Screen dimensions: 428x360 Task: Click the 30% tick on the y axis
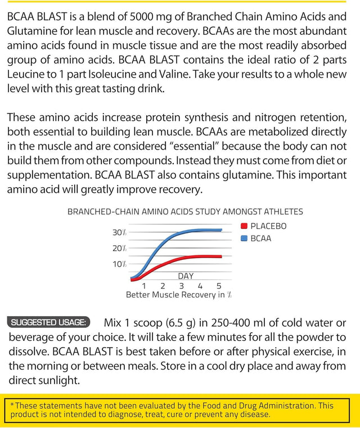tap(119, 232)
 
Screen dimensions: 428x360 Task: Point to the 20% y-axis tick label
tap(119, 248)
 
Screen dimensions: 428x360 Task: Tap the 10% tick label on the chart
tap(119, 264)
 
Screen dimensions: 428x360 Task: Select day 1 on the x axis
tap(143, 285)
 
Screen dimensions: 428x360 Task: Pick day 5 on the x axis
tap(219, 285)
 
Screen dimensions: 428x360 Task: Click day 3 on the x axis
tap(181, 285)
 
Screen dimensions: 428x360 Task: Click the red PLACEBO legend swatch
tap(244, 226)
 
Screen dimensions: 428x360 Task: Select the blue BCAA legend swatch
tap(244, 238)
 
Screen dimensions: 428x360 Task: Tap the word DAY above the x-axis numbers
tap(186, 276)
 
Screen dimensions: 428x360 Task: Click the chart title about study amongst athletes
tap(185, 212)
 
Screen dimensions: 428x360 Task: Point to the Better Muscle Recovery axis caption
tap(179, 294)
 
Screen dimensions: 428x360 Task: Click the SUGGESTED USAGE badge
tap(49, 322)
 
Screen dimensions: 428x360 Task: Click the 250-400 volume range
tap(233, 323)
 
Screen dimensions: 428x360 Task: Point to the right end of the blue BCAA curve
tap(222, 230)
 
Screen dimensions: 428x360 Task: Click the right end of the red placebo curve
tap(222, 256)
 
